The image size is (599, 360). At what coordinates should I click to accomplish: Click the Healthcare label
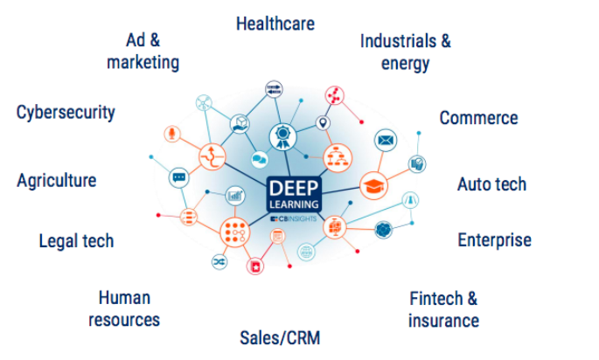275,24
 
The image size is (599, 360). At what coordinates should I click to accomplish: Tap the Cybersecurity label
66,113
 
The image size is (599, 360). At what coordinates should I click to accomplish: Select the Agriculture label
57,181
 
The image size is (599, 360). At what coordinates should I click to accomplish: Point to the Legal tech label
76,240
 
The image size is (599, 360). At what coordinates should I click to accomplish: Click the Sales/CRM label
280,337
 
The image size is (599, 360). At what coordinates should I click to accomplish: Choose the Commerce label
478,118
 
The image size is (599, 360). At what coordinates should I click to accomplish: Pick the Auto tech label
491,184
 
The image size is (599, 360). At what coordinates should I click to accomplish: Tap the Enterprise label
494,239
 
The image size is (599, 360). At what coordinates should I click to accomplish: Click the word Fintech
436,299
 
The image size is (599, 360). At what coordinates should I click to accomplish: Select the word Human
124,298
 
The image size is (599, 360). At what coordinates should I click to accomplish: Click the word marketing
143,62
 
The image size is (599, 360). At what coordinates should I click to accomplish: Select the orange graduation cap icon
374,185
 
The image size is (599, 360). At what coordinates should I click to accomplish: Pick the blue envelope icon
386,140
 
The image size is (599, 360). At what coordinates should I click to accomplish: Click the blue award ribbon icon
282,135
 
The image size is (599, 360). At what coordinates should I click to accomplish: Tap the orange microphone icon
173,134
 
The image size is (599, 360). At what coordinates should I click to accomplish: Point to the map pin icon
323,123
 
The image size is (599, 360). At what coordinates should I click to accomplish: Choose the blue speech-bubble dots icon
178,177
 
